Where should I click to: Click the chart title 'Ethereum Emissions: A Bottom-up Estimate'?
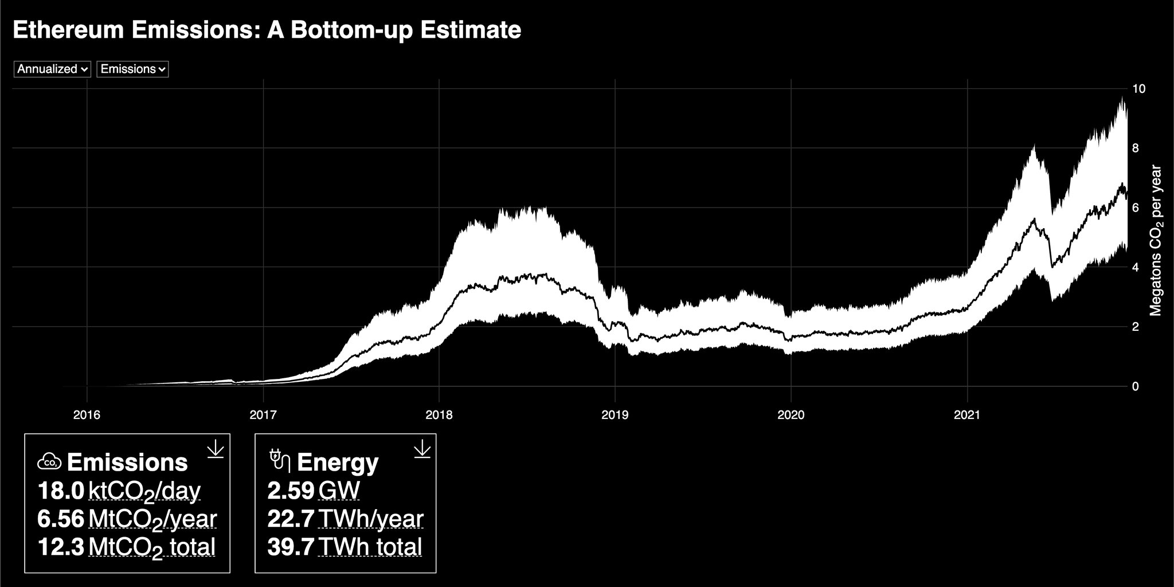267,30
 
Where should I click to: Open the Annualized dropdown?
52,69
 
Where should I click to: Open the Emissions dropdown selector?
132,69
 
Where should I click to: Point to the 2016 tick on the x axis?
87,415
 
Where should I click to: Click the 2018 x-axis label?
439,415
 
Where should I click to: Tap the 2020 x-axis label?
791,415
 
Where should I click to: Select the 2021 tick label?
967,415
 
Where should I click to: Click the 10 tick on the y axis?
1138,89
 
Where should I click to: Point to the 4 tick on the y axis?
1135,267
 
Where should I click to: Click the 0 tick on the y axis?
1135,386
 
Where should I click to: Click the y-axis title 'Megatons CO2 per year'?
1156,241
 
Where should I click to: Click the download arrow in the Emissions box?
215,449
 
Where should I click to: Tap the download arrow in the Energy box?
421,449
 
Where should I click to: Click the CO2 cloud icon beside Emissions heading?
49,461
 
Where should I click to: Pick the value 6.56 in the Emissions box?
60,519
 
